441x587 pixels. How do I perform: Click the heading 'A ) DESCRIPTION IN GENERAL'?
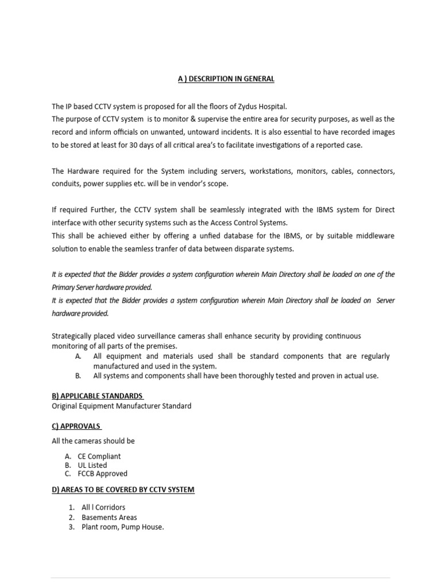click(x=226, y=79)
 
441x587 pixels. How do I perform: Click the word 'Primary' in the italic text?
click(x=64, y=287)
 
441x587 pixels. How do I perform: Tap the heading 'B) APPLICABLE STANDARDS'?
click(x=98, y=396)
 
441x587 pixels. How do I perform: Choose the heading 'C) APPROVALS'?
click(x=76, y=426)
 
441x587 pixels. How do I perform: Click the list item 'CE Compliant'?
click(x=99, y=456)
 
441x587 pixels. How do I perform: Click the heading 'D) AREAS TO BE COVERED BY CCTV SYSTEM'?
click(x=123, y=490)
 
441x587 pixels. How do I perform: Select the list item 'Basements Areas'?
click(x=109, y=517)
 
